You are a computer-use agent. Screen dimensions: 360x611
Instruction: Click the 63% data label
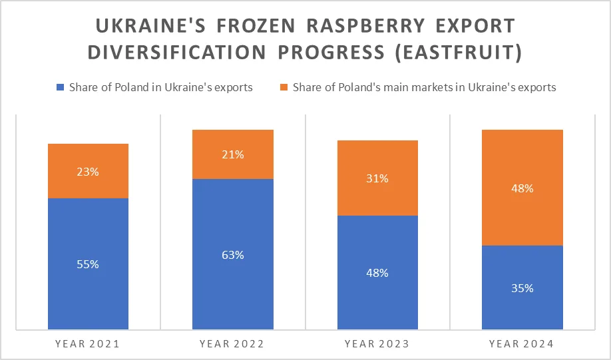pos(232,255)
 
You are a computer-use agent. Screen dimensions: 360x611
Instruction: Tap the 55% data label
pos(88,264)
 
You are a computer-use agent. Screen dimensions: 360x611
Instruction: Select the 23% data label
pos(88,172)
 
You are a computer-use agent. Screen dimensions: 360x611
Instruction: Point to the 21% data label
pos(232,155)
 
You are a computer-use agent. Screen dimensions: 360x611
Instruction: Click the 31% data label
pos(377,178)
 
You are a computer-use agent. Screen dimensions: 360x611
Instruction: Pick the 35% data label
pos(522,288)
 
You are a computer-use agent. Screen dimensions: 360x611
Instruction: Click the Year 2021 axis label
pos(88,344)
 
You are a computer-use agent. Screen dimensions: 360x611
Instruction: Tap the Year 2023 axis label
pos(377,344)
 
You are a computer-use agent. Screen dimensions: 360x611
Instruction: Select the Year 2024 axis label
pos(522,344)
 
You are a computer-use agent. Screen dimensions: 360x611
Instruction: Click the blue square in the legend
pos(61,87)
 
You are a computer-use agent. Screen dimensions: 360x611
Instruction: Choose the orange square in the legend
pos(284,87)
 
